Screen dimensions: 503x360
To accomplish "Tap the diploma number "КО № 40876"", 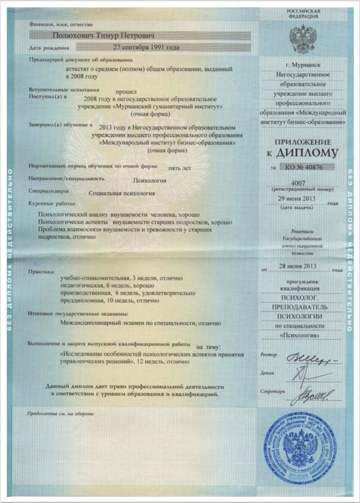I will click(x=306, y=168).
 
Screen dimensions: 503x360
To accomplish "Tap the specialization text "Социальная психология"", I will click(x=122, y=193).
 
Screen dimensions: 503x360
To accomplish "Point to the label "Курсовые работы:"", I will click(x=48, y=204).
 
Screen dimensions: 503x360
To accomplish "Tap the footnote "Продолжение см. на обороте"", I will click(x=61, y=413).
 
